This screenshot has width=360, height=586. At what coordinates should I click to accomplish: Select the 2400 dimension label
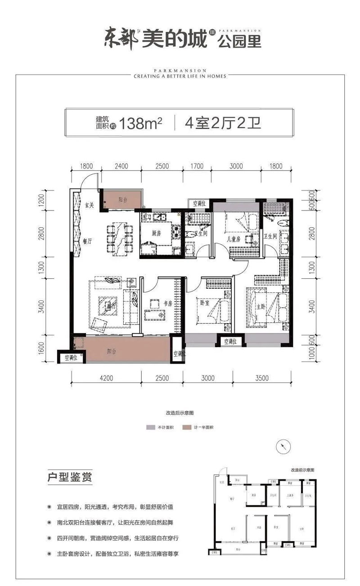point(121,166)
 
